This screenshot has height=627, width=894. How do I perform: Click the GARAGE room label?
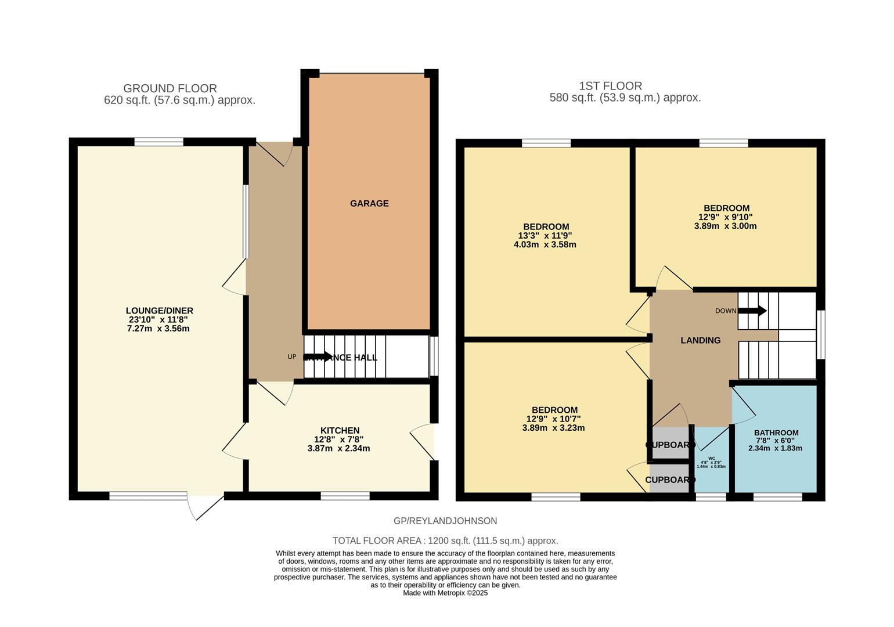click(x=369, y=203)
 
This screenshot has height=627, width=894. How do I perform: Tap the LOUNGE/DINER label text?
click(x=159, y=311)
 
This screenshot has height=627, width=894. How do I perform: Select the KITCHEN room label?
click(x=340, y=430)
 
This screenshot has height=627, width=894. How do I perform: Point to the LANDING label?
click(x=700, y=340)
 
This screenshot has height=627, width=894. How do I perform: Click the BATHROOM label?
click(x=776, y=433)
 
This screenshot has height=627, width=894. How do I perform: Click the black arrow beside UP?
click(x=318, y=356)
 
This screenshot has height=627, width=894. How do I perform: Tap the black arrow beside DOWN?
click(x=752, y=311)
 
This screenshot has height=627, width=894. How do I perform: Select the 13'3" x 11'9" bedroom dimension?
click(x=546, y=236)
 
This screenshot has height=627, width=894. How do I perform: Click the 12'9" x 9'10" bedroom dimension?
click(x=726, y=217)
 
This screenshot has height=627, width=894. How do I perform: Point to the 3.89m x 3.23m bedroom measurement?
click(x=553, y=428)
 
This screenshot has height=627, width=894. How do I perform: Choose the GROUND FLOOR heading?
click(x=170, y=88)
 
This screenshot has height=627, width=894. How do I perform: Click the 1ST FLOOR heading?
click(x=610, y=86)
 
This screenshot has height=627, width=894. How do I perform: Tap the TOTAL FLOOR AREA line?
click(x=445, y=540)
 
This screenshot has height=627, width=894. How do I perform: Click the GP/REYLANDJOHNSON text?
click(x=445, y=521)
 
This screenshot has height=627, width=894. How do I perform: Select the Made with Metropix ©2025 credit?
click(x=445, y=593)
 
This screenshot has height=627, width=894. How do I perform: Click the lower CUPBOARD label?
click(x=670, y=480)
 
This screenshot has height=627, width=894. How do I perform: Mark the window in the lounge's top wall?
click(x=159, y=142)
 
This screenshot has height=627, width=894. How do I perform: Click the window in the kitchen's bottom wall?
click(x=345, y=496)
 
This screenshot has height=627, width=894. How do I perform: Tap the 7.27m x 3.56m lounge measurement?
click(x=158, y=329)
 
